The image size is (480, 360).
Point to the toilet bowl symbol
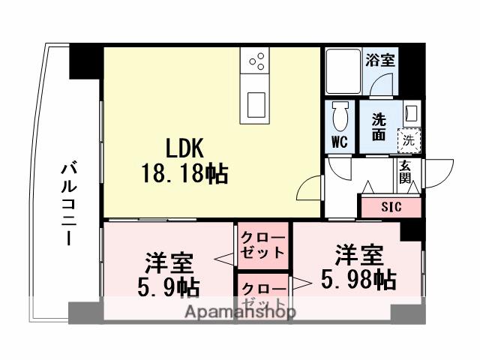coord(340,117)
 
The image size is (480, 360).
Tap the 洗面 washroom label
coord(379,126)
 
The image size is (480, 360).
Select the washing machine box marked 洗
coord(408,139)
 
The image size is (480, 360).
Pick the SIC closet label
coord(391,206)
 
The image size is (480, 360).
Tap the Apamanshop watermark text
coord(240,312)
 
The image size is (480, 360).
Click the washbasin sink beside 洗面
coord(410,113)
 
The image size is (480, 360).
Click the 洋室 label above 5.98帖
coord(358,254)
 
